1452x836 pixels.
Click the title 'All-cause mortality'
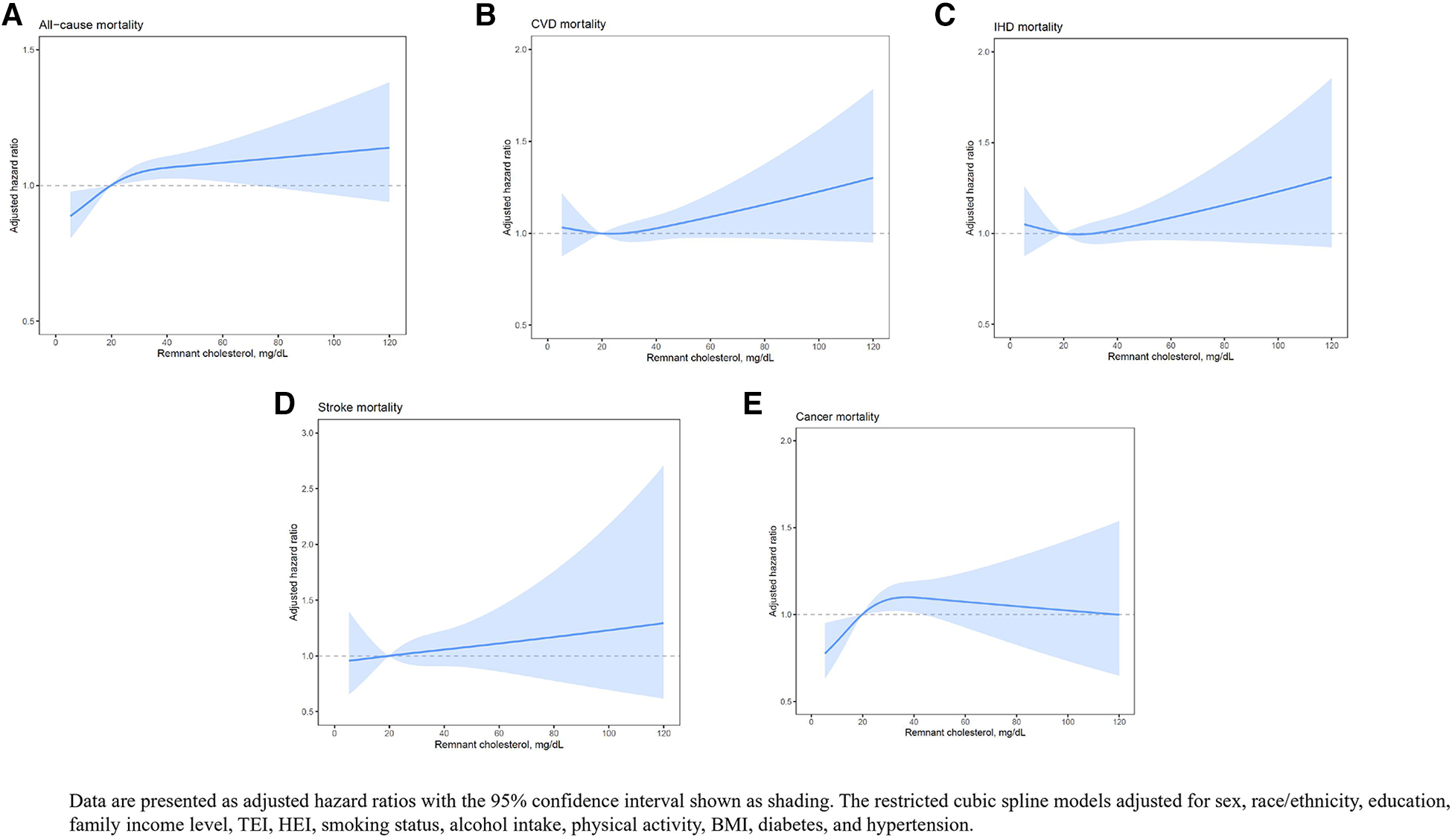pos(91,25)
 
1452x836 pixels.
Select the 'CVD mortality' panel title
pos(568,24)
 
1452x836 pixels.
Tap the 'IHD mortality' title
pos(1028,27)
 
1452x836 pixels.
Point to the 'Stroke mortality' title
pos(360,408)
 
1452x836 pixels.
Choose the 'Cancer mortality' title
pos(837,417)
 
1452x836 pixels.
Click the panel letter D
pos(284,404)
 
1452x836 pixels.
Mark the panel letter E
pos(753,404)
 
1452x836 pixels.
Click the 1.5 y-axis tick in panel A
pos(28,50)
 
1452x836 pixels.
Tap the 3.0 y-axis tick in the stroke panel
pos(308,433)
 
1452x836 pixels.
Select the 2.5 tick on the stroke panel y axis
pos(308,489)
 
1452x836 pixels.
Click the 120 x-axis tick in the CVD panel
pos(873,346)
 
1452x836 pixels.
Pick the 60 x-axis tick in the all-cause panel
pos(223,343)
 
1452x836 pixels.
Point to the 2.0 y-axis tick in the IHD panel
pos(983,52)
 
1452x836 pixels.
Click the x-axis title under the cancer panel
pos(964,733)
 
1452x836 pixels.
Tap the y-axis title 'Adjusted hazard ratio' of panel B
pos(507,187)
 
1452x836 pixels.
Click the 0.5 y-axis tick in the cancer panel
pos(786,702)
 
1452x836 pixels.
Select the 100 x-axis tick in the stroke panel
pos(608,734)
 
